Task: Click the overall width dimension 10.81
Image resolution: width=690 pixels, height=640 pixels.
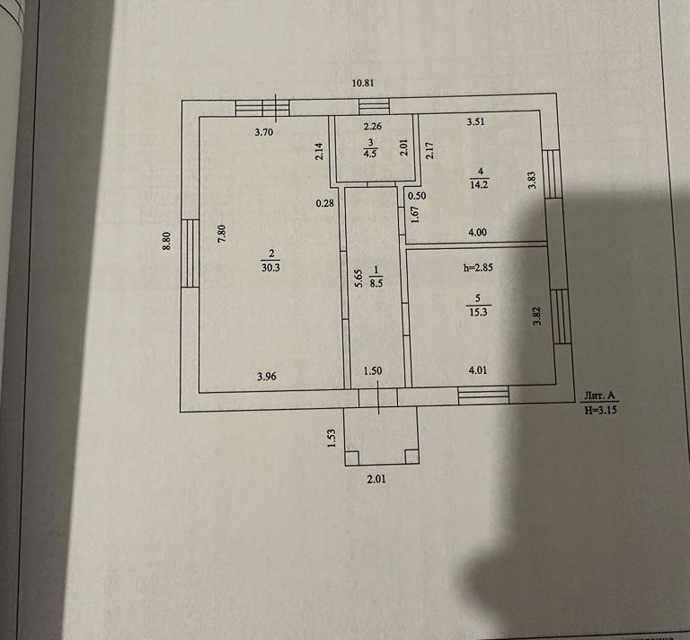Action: click(x=363, y=84)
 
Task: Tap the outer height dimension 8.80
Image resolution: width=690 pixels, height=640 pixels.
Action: click(x=166, y=243)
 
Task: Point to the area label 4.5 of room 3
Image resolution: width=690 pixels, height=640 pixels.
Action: click(x=370, y=153)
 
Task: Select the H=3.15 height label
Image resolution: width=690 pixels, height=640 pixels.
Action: click(x=601, y=410)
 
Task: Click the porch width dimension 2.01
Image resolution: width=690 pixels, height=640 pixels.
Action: click(x=376, y=479)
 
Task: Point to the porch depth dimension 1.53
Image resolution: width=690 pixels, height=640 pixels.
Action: click(x=332, y=438)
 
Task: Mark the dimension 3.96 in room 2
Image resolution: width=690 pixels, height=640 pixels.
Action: click(x=266, y=376)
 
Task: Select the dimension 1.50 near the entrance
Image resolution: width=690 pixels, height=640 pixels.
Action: click(x=373, y=370)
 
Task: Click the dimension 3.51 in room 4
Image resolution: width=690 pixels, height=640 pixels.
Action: click(x=475, y=123)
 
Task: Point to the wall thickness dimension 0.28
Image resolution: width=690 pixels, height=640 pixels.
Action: click(x=324, y=202)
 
